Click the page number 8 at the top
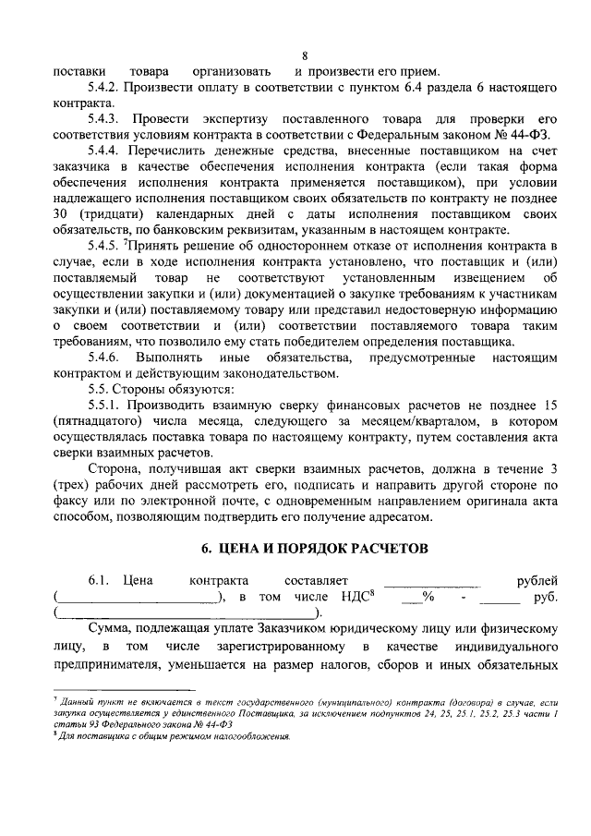pos(305,54)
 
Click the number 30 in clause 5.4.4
pos(61,212)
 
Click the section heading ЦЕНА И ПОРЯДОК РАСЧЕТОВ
pos(315,548)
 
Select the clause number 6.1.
pos(100,580)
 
